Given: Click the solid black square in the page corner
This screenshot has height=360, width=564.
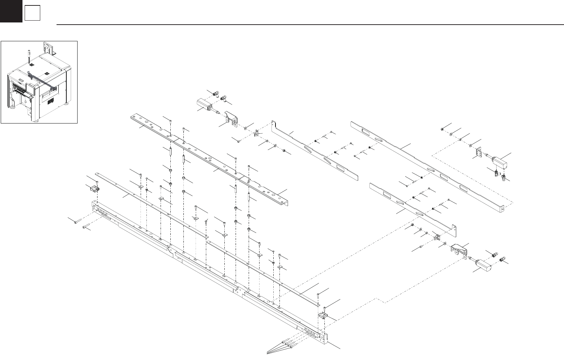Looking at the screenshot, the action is [x=11, y=11].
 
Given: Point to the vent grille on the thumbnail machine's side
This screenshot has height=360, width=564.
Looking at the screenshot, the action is [x=50, y=101].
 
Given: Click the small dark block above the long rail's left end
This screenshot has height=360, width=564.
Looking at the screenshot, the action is [x=95, y=189].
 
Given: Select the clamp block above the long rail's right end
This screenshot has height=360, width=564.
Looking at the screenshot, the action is [x=323, y=316].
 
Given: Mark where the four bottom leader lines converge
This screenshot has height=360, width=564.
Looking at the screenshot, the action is [x=268, y=352].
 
